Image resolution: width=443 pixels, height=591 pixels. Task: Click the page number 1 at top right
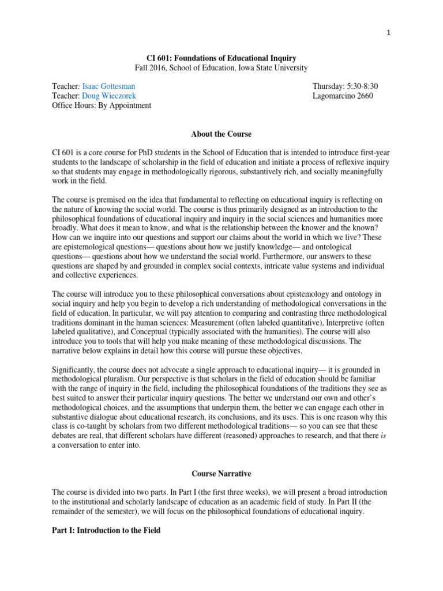[x=389, y=33]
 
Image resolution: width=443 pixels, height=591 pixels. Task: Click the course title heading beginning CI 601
[x=221, y=58]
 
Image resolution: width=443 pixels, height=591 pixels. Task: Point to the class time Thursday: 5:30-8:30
[x=344, y=86]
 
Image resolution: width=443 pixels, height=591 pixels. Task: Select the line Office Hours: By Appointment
[x=102, y=106]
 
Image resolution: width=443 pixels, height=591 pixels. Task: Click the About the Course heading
[x=221, y=134]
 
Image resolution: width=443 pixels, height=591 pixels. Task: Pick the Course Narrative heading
[x=221, y=474]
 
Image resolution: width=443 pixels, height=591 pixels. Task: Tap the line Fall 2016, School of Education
[x=221, y=68]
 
